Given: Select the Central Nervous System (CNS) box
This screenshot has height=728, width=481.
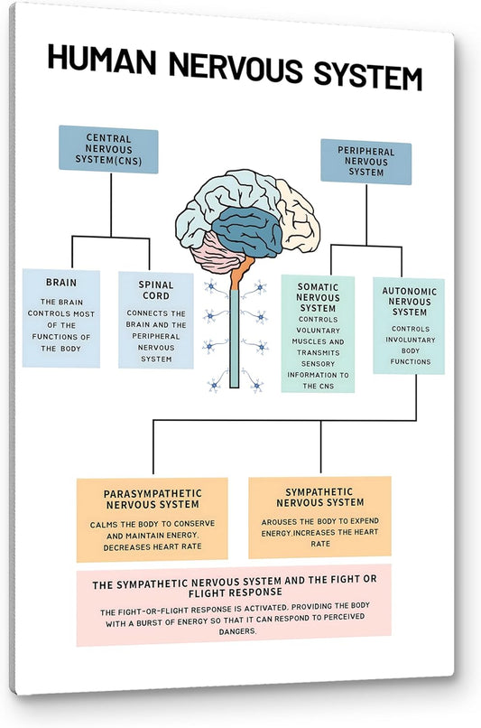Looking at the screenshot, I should (x=108, y=151).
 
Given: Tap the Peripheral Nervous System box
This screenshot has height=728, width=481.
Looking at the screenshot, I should (x=365, y=163).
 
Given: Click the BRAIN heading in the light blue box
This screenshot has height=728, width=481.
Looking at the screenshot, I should (x=61, y=283).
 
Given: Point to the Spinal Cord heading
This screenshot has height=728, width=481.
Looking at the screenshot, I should (x=156, y=290).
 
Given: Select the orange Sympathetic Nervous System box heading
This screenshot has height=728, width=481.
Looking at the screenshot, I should (x=319, y=496).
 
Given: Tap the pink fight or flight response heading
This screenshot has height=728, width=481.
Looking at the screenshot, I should (x=235, y=585).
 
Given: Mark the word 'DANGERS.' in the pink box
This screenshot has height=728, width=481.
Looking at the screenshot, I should (x=232, y=631).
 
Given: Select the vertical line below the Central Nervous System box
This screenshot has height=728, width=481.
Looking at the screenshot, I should (x=111, y=203).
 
